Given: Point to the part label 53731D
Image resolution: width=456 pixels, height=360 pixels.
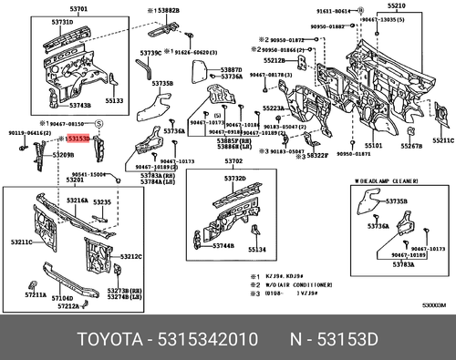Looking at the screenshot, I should [62, 20].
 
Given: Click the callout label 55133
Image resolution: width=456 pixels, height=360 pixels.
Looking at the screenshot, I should [112, 102].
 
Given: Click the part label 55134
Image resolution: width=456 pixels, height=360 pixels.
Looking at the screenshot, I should [258, 249].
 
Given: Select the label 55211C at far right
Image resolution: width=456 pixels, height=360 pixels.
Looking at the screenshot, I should [442, 141].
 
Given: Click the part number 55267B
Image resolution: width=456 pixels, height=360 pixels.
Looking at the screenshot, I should [411, 146].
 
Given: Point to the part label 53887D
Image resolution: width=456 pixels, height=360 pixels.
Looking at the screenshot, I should [230, 69].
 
